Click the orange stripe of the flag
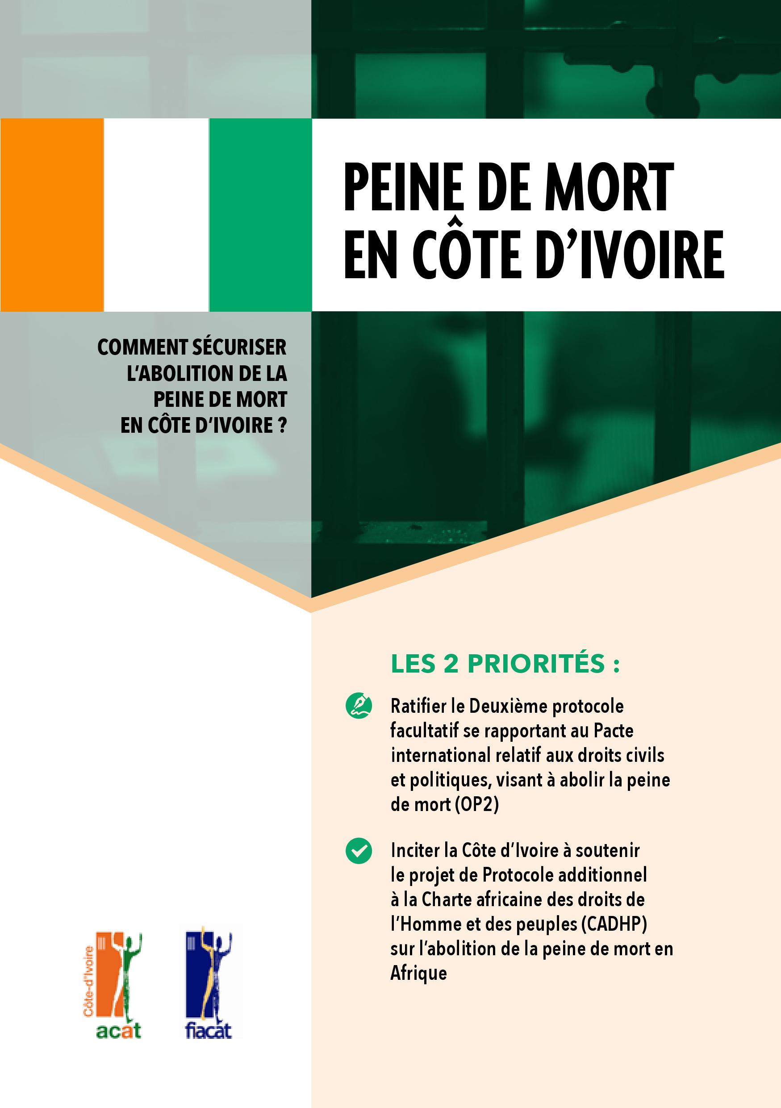pyautogui.click(x=52, y=215)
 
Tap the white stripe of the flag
pyautogui.click(x=156, y=215)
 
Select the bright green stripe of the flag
pyautogui.click(x=260, y=215)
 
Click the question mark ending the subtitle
pyautogui.click(x=283, y=426)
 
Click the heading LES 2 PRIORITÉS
pyautogui.click(x=505, y=664)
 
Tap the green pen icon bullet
pyautogui.click(x=359, y=706)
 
